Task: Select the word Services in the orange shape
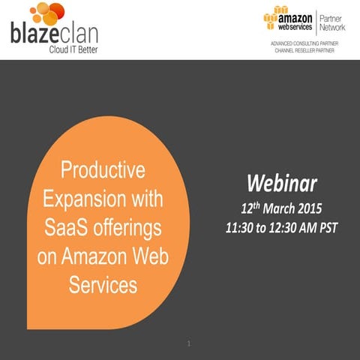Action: pyautogui.click(x=103, y=285)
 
